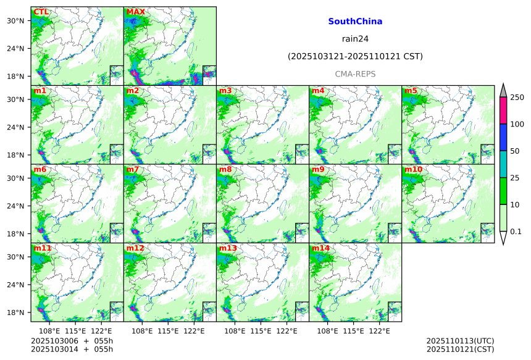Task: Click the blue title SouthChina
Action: pyautogui.click(x=355, y=22)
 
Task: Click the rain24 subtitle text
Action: pyautogui.click(x=355, y=39)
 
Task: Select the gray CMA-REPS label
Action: pyautogui.click(x=355, y=74)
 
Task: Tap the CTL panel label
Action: pyautogui.click(x=41, y=12)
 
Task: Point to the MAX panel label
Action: pyautogui.click(x=135, y=12)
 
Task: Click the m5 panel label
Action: pyautogui.click(x=411, y=91)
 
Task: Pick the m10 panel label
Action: pyautogui.click(x=413, y=169)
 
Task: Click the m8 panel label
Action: pyautogui.click(x=225, y=169)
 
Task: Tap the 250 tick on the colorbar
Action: pyautogui.click(x=517, y=98)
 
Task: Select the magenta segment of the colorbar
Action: pyautogui.click(x=503, y=111)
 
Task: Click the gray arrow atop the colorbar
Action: pyautogui.click(x=503, y=90)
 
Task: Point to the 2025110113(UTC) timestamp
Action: pyautogui.click(x=460, y=340)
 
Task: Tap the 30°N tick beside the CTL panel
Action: pyautogui.click(x=20, y=21)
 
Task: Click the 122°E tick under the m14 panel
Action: pyautogui.click(x=379, y=332)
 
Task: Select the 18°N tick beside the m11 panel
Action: pyautogui.click(x=20, y=312)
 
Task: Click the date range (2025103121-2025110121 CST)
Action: pyautogui.click(x=355, y=57)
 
